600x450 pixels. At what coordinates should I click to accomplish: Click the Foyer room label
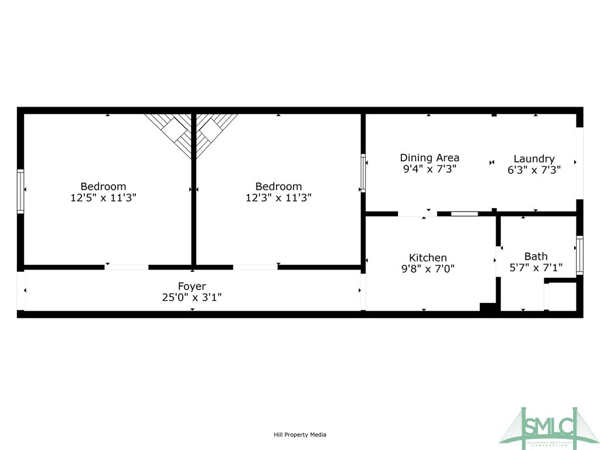(x=192, y=286)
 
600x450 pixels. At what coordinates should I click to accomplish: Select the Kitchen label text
(x=428, y=258)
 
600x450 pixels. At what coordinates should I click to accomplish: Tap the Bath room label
(x=536, y=256)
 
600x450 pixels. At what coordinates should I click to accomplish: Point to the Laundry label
(x=534, y=159)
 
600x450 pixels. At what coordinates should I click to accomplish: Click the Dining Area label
(x=429, y=158)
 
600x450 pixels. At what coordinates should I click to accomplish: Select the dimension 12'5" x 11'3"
(x=103, y=197)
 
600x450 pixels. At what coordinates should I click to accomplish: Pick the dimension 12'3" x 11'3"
(x=278, y=197)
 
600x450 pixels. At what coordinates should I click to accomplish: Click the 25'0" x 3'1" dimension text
(x=192, y=297)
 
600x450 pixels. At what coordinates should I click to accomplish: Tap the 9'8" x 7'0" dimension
(x=428, y=268)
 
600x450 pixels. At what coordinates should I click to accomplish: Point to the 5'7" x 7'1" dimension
(x=536, y=267)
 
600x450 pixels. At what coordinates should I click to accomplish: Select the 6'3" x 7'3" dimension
(x=534, y=169)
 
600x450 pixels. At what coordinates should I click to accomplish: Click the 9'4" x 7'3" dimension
(x=429, y=169)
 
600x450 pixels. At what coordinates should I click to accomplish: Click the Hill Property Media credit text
(x=300, y=435)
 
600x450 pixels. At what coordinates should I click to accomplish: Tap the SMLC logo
(x=550, y=427)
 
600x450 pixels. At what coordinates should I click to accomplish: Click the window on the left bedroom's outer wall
(x=21, y=192)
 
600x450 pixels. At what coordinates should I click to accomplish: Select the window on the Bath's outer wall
(x=579, y=255)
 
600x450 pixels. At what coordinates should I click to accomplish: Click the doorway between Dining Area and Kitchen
(x=417, y=214)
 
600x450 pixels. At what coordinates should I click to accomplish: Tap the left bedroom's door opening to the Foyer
(x=127, y=267)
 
